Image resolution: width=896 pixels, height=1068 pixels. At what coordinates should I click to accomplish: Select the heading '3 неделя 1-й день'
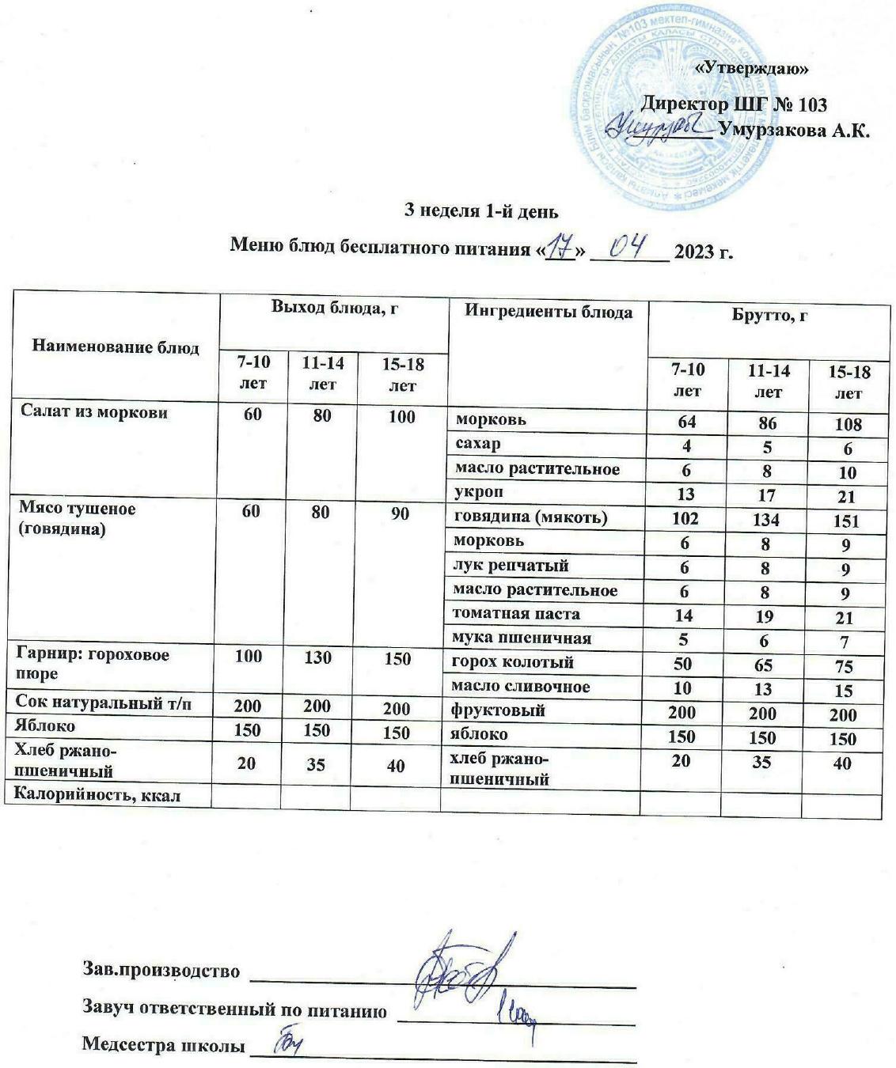[481, 211]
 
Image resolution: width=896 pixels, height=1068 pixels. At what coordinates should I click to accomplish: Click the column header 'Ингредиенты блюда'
[549, 312]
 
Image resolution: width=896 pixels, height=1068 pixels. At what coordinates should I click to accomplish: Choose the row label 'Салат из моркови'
[94, 411]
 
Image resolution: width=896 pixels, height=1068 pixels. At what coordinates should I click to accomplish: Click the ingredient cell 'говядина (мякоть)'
[530, 517]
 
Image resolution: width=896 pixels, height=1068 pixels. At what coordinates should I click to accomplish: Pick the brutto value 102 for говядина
[685, 518]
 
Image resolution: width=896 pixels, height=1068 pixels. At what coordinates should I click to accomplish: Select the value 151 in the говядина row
[845, 521]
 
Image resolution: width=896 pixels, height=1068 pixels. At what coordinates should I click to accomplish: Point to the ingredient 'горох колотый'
[512, 662]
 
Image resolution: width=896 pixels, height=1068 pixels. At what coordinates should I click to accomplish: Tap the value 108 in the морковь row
[847, 424]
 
